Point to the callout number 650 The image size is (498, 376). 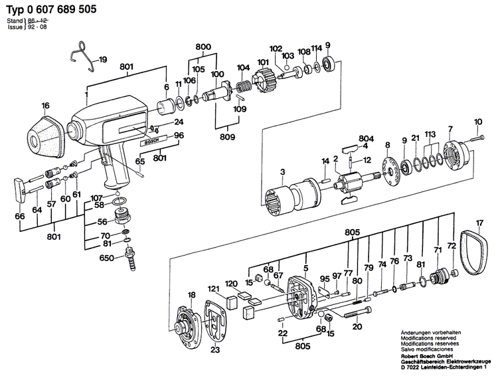[x=108, y=258]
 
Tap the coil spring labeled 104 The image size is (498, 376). [x=244, y=86]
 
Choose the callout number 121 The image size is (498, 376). [x=213, y=288]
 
